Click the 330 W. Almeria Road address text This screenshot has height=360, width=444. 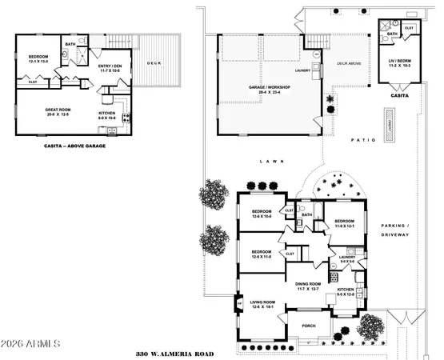176,352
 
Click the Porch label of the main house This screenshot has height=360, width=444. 309,326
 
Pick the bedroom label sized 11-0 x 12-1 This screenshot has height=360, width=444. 345,223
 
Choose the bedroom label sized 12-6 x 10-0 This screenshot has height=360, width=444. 261,213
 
